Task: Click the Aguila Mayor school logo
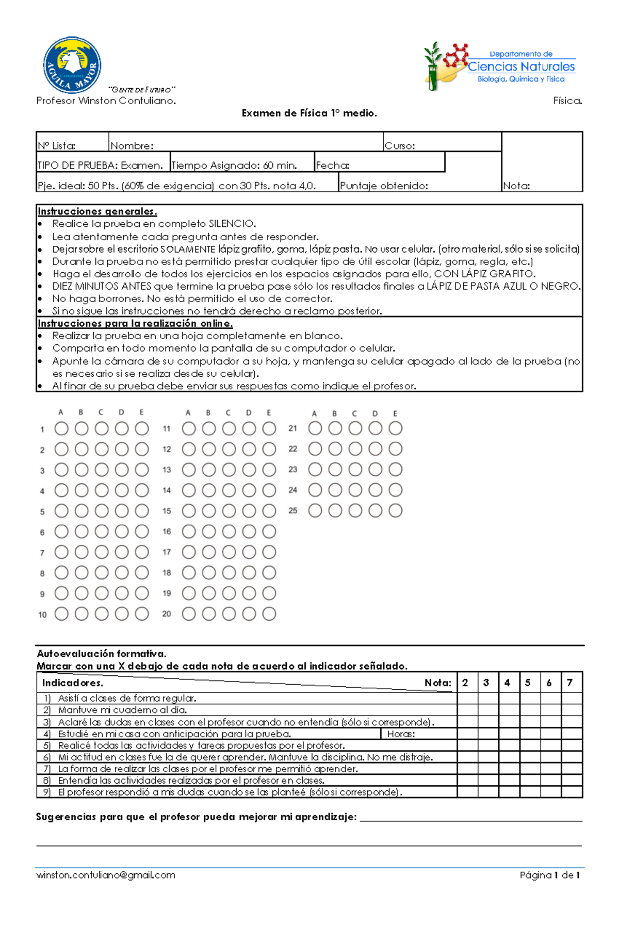coord(72,64)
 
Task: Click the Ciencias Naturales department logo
coord(499,66)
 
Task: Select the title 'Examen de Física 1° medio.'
coord(309,113)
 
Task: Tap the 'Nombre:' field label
coord(132,146)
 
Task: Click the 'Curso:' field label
coord(400,146)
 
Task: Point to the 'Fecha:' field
coord(379,165)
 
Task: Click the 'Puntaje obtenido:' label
coord(384,186)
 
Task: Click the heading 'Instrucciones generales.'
coord(97,211)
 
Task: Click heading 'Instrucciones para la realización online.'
coord(135,324)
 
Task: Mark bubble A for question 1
coord(61,428)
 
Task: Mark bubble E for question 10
coord(142,614)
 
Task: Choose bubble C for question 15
coord(229,511)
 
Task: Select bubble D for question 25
coord(375,511)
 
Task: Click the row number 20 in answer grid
coord(167,614)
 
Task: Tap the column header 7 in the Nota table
coord(570,683)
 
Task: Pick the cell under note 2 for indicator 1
coord(467,699)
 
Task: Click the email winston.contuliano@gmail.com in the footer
coord(106,875)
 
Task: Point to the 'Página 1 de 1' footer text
coord(550,875)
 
